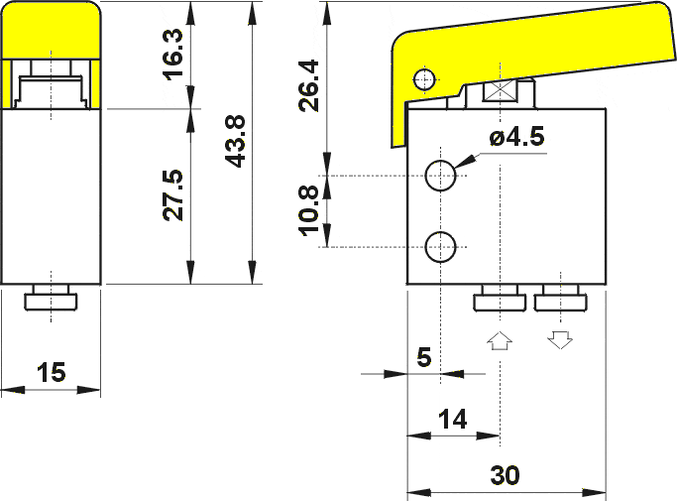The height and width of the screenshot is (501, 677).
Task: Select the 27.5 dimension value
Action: click(172, 194)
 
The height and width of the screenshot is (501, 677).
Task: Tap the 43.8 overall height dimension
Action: click(235, 141)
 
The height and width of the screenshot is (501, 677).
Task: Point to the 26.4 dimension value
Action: click(309, 84)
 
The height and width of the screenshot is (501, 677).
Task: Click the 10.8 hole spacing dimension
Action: click(309, 211)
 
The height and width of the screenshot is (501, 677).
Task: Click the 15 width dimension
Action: click(51, 373)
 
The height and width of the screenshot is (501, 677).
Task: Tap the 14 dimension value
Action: click(452, 420)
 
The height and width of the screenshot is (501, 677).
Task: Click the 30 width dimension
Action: click(505, 476)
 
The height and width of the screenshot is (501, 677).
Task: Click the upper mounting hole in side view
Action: click(440, 177)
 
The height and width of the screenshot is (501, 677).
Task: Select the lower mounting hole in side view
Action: click(440, 245)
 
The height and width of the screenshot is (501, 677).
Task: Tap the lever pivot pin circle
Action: click(425, 78)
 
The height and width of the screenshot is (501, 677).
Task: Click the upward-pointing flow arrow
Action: click(501, 341)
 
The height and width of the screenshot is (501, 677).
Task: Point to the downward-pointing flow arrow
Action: click(560, 340)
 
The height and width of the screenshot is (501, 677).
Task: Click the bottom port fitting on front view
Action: click(52, 299)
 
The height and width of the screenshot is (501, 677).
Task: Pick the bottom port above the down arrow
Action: click(561, 301)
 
